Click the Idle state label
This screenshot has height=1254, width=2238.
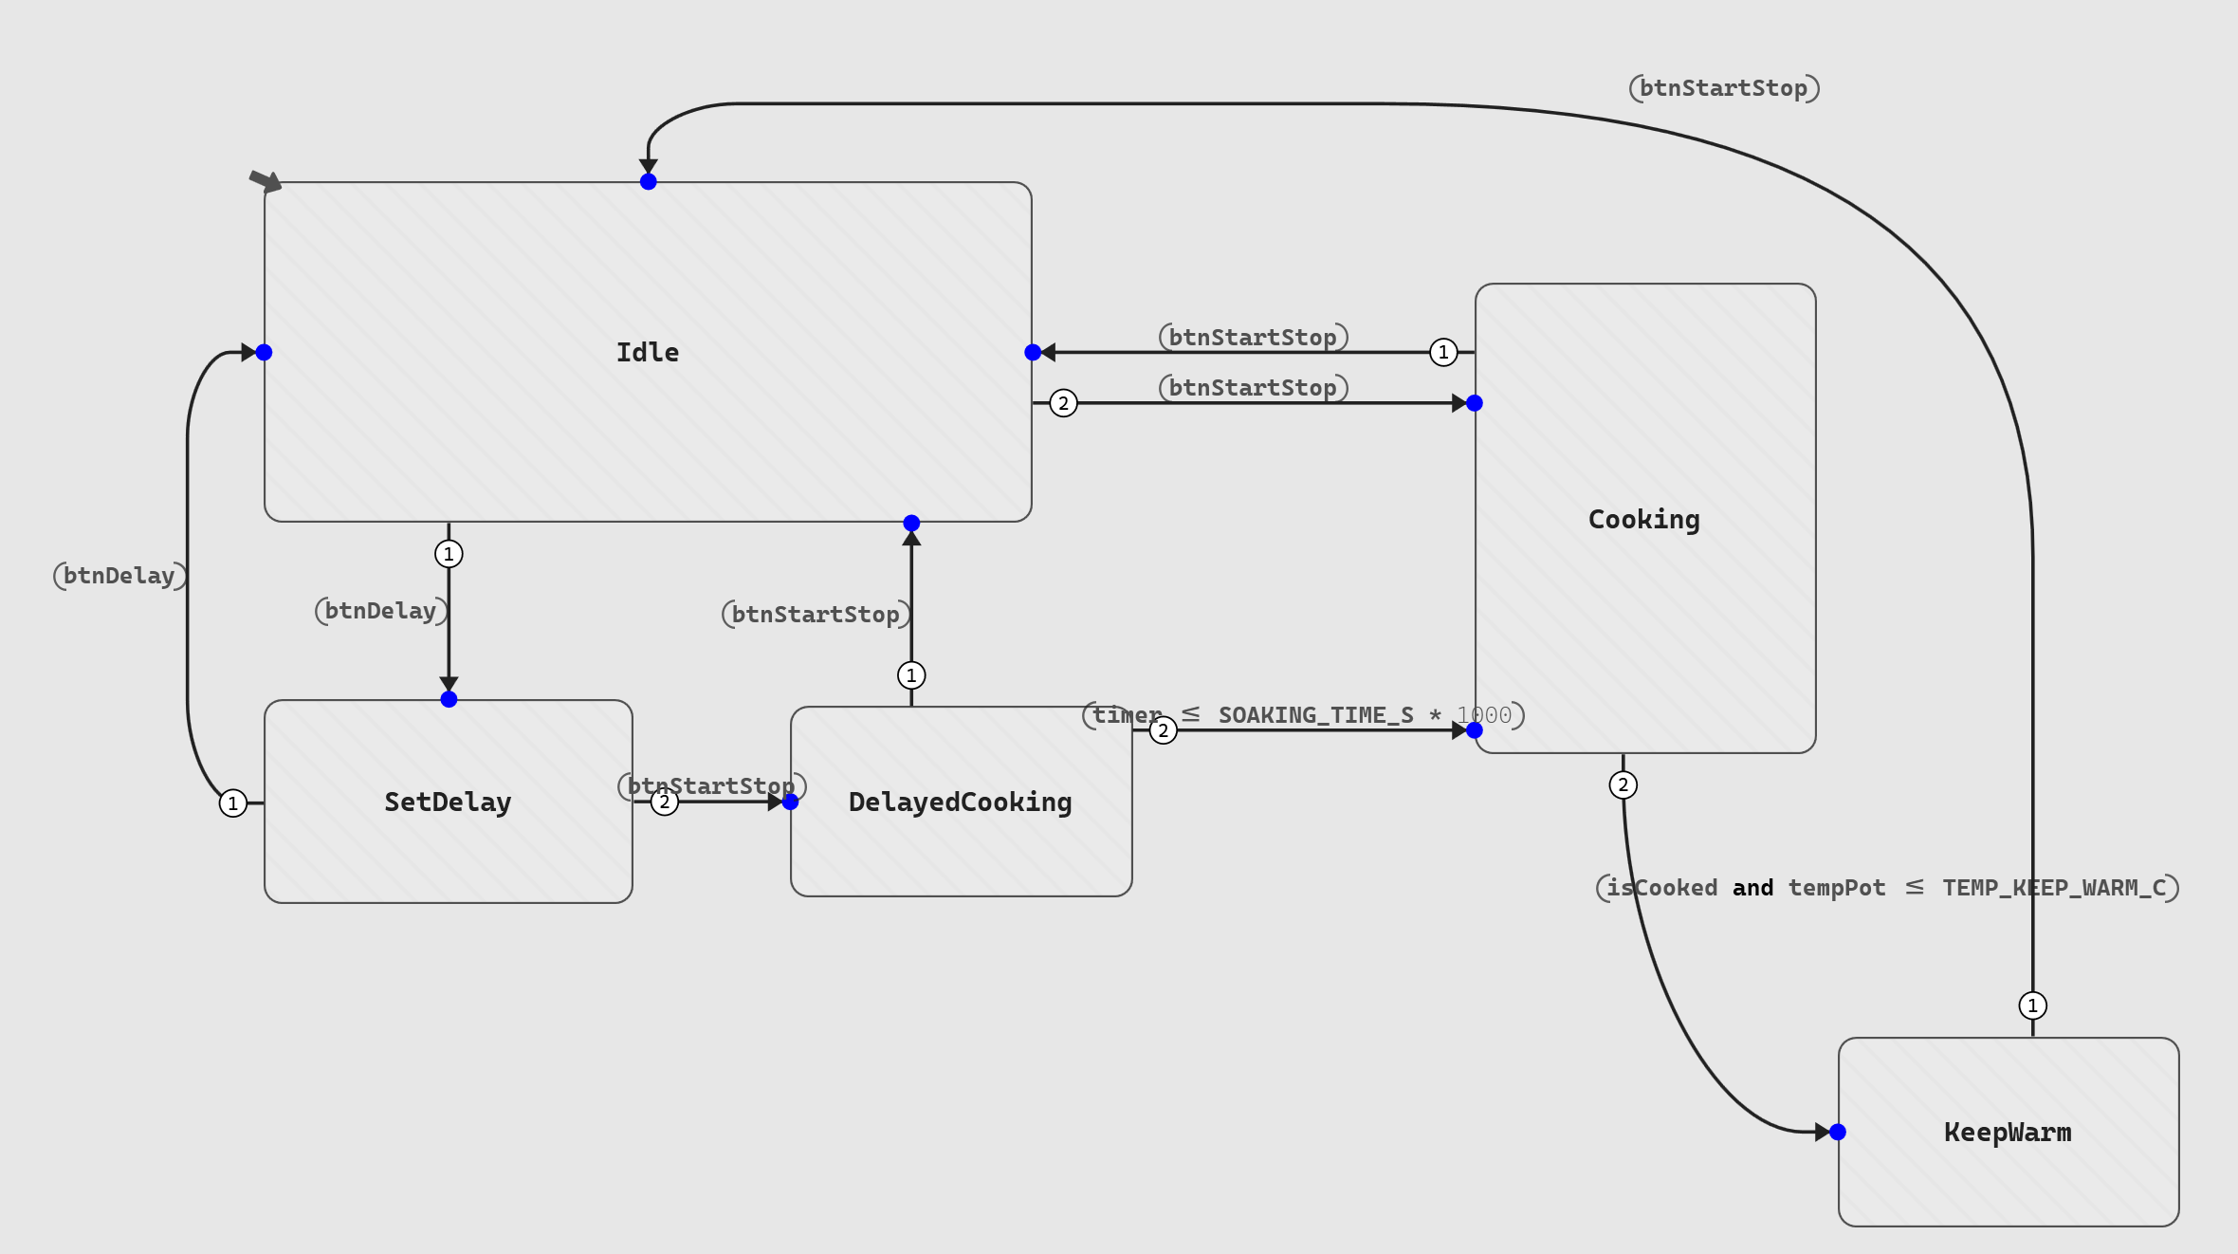point(648,353)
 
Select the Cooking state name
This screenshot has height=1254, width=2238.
point(1643,520)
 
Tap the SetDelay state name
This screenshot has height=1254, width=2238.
point(448,802)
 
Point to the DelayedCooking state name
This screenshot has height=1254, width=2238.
point(960,802)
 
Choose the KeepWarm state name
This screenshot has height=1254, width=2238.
point(2008,1133)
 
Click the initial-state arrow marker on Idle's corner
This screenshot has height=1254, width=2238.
point(266,180)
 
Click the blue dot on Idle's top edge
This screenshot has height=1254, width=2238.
point(649,182)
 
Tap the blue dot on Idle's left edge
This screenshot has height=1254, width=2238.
point(265,353)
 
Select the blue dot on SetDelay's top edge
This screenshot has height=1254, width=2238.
point(449,700)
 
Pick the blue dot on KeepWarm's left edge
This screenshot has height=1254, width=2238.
point(1838,1132)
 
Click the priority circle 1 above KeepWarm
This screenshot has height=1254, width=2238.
point(2032,1005)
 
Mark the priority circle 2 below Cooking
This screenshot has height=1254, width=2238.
point(1623,785)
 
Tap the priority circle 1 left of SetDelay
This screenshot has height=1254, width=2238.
point(233,803)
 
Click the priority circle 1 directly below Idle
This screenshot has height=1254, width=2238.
point(449,554)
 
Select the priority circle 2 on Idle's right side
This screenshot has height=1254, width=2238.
point(1064,403)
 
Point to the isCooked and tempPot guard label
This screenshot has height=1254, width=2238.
point(1887,888)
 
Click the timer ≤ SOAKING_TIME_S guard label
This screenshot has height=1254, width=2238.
point(1303,715)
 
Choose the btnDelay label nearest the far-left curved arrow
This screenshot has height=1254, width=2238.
point(119,576)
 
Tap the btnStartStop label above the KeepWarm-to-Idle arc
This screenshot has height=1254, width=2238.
point(1724,88)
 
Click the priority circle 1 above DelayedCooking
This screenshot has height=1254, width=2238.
point(911,675)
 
